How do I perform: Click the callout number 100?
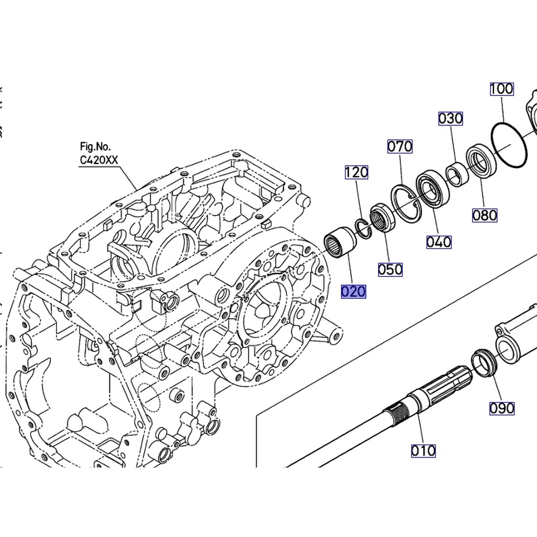(x=502, y=89)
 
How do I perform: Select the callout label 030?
(x=450, y=118)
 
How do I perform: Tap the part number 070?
(x=400, y=146)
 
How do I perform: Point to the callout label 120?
(x=356, y=173)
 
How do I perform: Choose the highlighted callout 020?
(x=353, y=292)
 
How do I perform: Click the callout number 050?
(x=390, y=270)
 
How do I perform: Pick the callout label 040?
(x=439, y=242)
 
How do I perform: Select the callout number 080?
(x=485, y=216)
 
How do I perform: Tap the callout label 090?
(x=502, y=408)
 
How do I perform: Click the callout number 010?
(x=424, y=451)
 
